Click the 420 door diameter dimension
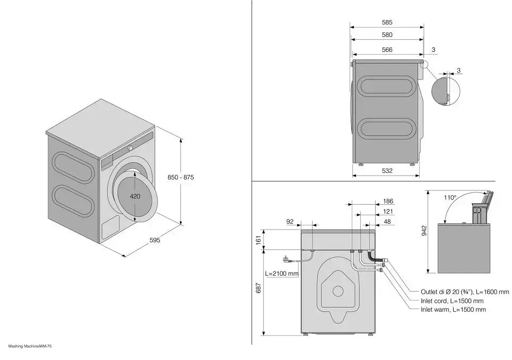tap(135, 196)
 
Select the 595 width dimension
tap(154, 240)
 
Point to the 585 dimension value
tap(387, 22)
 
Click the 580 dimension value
tap(387, 35)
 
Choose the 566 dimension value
tap(387, 49)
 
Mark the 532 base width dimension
tap(387, 171)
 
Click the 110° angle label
tap(450, 197)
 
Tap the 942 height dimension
tap(424, 231)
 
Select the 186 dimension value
tap(388, 201)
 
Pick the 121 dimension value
tap(388, 212)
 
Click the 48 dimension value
tap(387, 222)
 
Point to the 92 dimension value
tap(290, 222)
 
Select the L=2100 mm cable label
tap(282, 274)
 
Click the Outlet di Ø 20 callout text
tap(465, 292)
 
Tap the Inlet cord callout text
tap(452, 301)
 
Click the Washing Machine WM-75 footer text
tap(30, 346)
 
